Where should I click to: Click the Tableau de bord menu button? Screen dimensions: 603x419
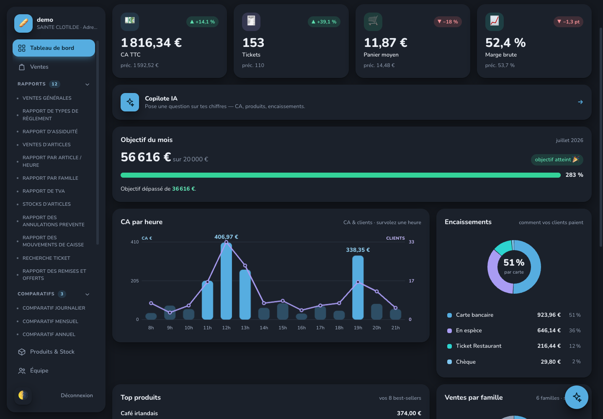(x=54, y=48)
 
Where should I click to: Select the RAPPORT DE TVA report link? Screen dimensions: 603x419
(x=44, y=191)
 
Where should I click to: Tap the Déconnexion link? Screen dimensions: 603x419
(x=77, y=395)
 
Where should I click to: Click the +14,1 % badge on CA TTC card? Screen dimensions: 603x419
(x=202, y=22)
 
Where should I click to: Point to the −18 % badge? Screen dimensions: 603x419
(x=448, y=22)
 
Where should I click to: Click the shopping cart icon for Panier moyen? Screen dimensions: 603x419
(x=373, y=21)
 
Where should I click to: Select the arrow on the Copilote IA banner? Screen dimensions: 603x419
(x=580, y=102)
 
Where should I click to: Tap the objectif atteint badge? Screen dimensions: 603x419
(x=557, y=160)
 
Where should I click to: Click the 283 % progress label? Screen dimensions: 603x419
(x=575, y=175)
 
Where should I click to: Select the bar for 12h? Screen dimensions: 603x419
(x=226, y=281)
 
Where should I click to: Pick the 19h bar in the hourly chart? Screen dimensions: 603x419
(x=358, y=287)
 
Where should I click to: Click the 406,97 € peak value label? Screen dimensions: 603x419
(x=226, y=237)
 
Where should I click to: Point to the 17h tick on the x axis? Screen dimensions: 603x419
(x=320, y=328)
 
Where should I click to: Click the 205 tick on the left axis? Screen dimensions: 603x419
(x=134, y=281)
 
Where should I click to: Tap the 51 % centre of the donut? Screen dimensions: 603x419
(x=514, y=262)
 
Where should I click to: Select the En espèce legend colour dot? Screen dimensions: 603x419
(x=449, y=331)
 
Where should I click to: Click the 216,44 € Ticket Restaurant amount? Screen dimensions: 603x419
(x=549, y=346)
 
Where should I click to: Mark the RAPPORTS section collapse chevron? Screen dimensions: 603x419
(x=87, y=84)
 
